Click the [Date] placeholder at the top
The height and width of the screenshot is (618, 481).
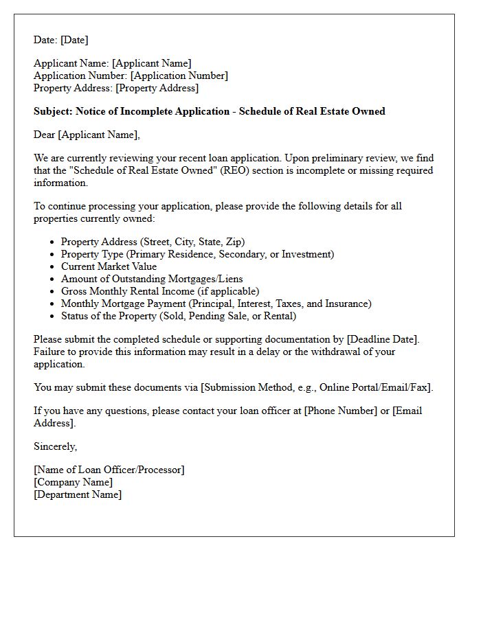click(x=74, y=40)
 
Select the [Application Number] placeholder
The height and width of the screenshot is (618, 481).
click(x=179, y=76)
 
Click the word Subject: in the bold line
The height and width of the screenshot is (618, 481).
click(x=53, y=111)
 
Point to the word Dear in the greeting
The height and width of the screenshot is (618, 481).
click(x=45, y=135)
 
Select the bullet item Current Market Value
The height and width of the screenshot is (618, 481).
click(x=109, y=266)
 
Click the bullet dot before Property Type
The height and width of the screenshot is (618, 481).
click(x=52, y=255)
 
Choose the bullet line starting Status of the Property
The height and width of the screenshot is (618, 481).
click(x=179, y=316)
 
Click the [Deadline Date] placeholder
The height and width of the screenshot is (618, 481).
click(x=383, y=339)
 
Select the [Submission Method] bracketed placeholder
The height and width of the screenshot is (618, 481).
click(x=316, y=387)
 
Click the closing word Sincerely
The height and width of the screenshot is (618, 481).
click(x=55, y=446)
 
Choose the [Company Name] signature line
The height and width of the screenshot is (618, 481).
click(x=73, y=482)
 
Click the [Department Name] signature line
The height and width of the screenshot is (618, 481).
click(x=78, y=494)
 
